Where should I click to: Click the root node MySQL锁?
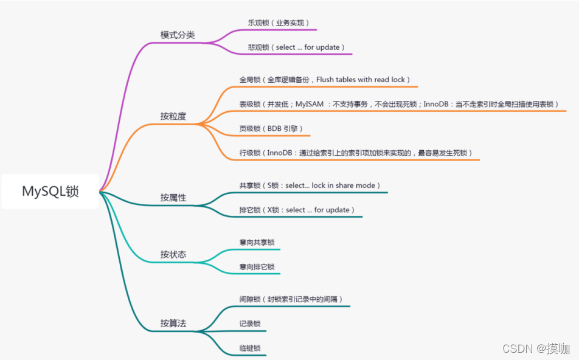pos(50,192)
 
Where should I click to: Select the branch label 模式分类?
pos(178,35)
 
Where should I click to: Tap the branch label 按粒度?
pos(173,116)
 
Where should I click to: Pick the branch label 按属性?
pos(173,198)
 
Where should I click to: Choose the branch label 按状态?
pos(173,254)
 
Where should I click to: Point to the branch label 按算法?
pos(173,324)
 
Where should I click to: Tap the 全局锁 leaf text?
pos(325,80)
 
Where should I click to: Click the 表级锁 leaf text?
pos(398,105)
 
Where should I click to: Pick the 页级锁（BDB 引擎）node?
pos(271,129)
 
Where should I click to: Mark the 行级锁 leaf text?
pos(356,153)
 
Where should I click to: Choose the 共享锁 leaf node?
pos(310,185)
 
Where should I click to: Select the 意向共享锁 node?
pos(257,243)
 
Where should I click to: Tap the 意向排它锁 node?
pos(257,267)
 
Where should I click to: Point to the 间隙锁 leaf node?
pos(291,299)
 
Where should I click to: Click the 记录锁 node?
pos(250,324)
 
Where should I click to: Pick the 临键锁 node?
pos(250,348)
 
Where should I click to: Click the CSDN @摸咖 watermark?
pos(536,348)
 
